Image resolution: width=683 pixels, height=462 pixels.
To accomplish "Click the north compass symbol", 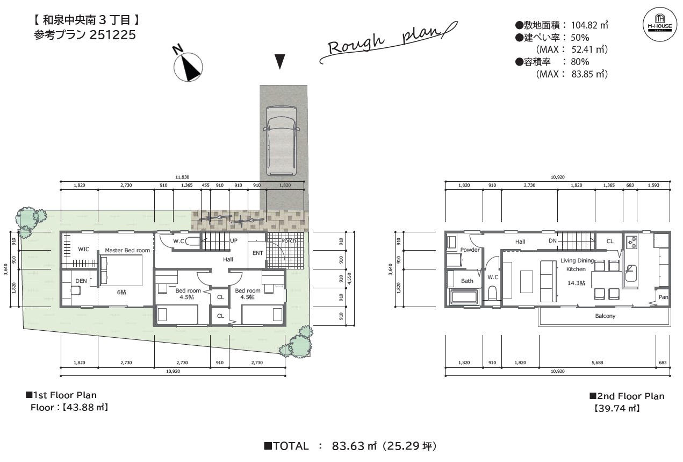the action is [x=188, y=67].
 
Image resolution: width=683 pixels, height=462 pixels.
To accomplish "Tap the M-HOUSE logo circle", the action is [x=659, y=24].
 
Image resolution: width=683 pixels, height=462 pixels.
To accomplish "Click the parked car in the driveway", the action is [x=282, y=141].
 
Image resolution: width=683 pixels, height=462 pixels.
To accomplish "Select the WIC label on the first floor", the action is [x=83, y=250].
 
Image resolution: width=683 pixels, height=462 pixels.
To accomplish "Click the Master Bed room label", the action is [x=127, y=250].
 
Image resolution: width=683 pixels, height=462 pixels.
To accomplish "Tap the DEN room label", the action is [x=81, y=281].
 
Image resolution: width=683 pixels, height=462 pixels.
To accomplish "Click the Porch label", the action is [x=289, y=241].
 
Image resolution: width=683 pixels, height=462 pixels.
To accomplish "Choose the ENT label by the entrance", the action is [x=257, y=253].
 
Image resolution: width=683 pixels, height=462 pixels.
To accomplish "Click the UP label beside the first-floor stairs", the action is [x=234, y=240].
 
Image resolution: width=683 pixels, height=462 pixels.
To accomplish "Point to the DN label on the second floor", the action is [x=552, y=241].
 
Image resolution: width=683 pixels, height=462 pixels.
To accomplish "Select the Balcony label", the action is [x=605, y=316].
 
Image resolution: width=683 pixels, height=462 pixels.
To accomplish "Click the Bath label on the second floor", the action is [x=467, y=281].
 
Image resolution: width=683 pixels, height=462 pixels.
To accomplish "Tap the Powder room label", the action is [x=470, y=250].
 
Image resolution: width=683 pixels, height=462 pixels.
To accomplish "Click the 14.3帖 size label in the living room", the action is [x=576, y=283].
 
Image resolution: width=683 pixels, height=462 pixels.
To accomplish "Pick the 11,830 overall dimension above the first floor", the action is [x=182, y=177].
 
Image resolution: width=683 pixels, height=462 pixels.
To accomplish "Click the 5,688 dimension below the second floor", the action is [x=598, y=363].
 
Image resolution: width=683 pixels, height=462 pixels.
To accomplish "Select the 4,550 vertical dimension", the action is [x=349, y=279].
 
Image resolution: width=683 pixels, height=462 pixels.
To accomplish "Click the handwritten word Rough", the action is [x=356, y=45].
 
